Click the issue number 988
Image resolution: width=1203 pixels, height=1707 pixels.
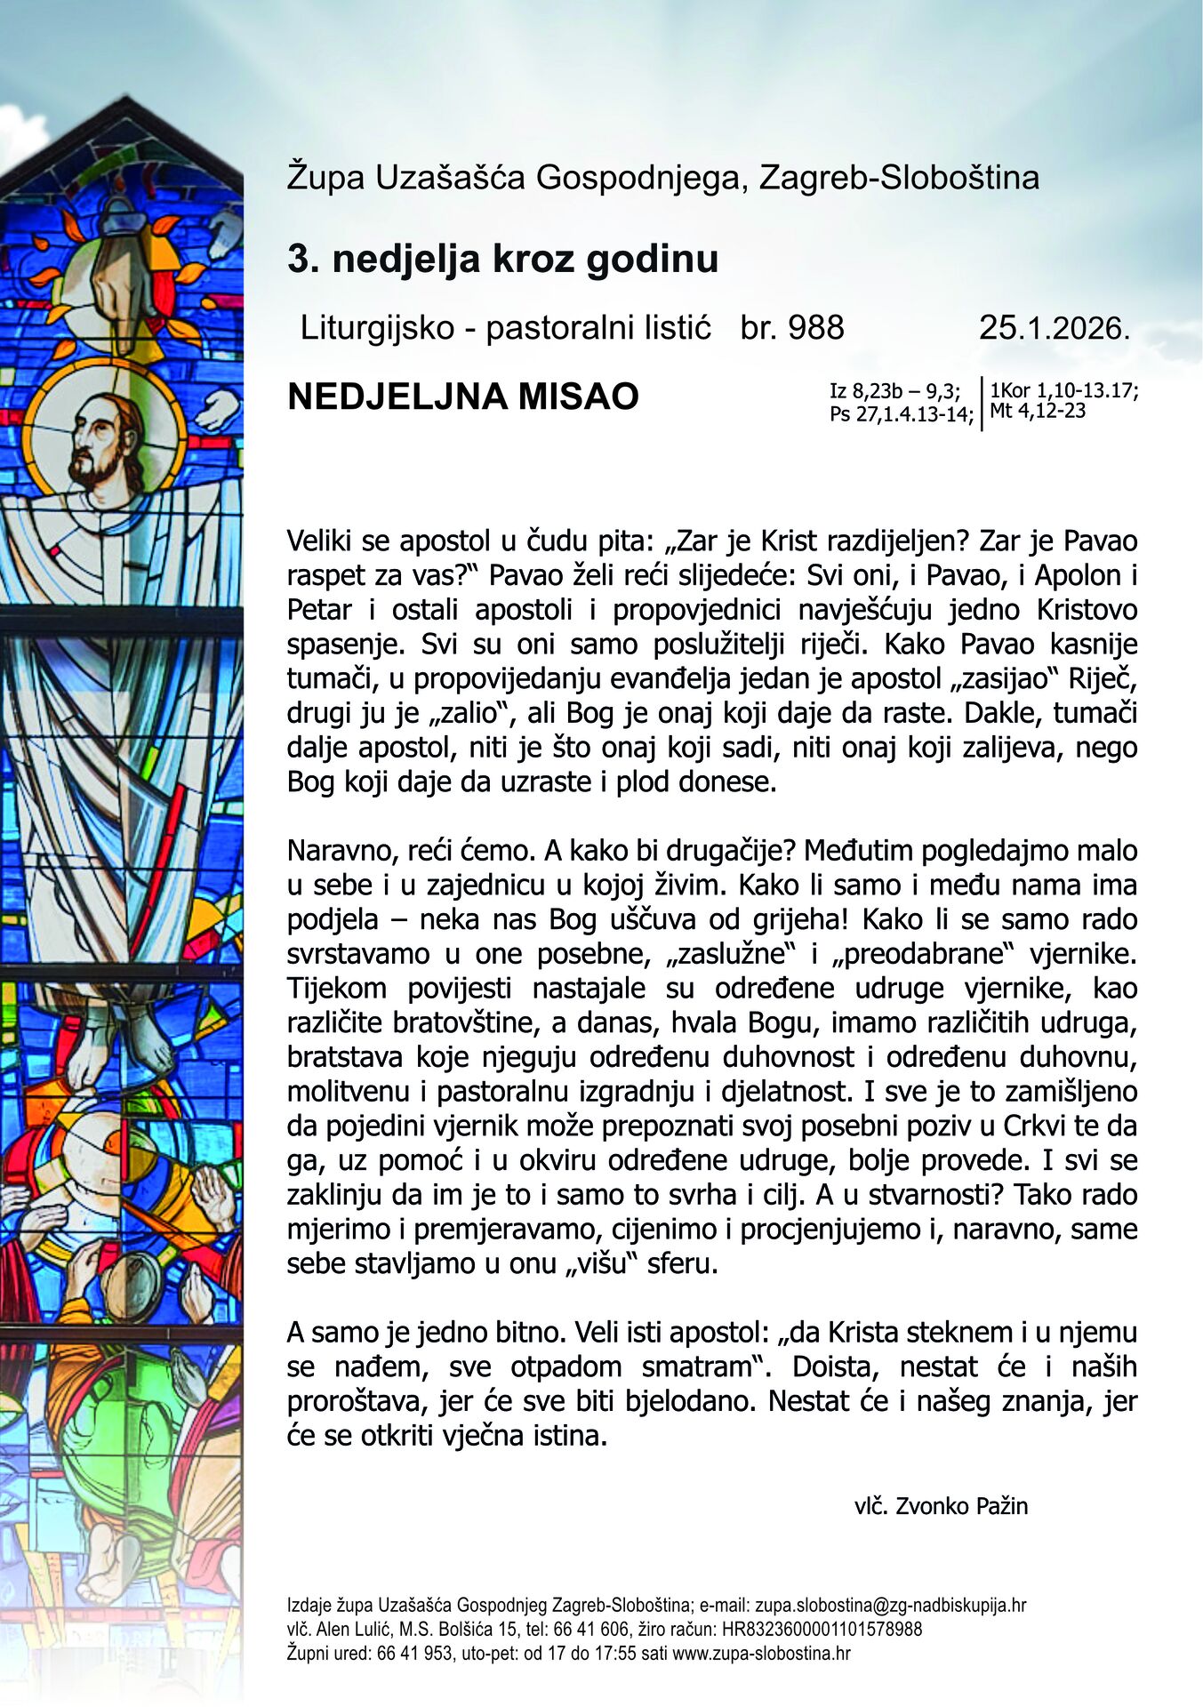click(815, 328)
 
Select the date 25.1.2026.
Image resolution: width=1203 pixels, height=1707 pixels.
click(1055, 328)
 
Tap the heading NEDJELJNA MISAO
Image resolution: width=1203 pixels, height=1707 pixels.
click(463, 397)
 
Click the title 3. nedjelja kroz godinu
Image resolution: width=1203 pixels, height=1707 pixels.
click(502, 260)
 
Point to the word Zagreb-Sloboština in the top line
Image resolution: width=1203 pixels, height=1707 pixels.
click(899, 178)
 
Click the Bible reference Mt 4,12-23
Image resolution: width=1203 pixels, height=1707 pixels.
click(1037, 411)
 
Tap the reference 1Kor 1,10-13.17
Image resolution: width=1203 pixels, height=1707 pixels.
click(1063, 391)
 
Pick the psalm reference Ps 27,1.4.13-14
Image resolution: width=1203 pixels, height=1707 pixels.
click(901, 413)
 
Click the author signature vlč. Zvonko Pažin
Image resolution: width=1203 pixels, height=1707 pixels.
click(941, 1506)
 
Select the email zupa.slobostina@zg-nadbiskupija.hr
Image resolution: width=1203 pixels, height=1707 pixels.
click(890, 1606)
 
